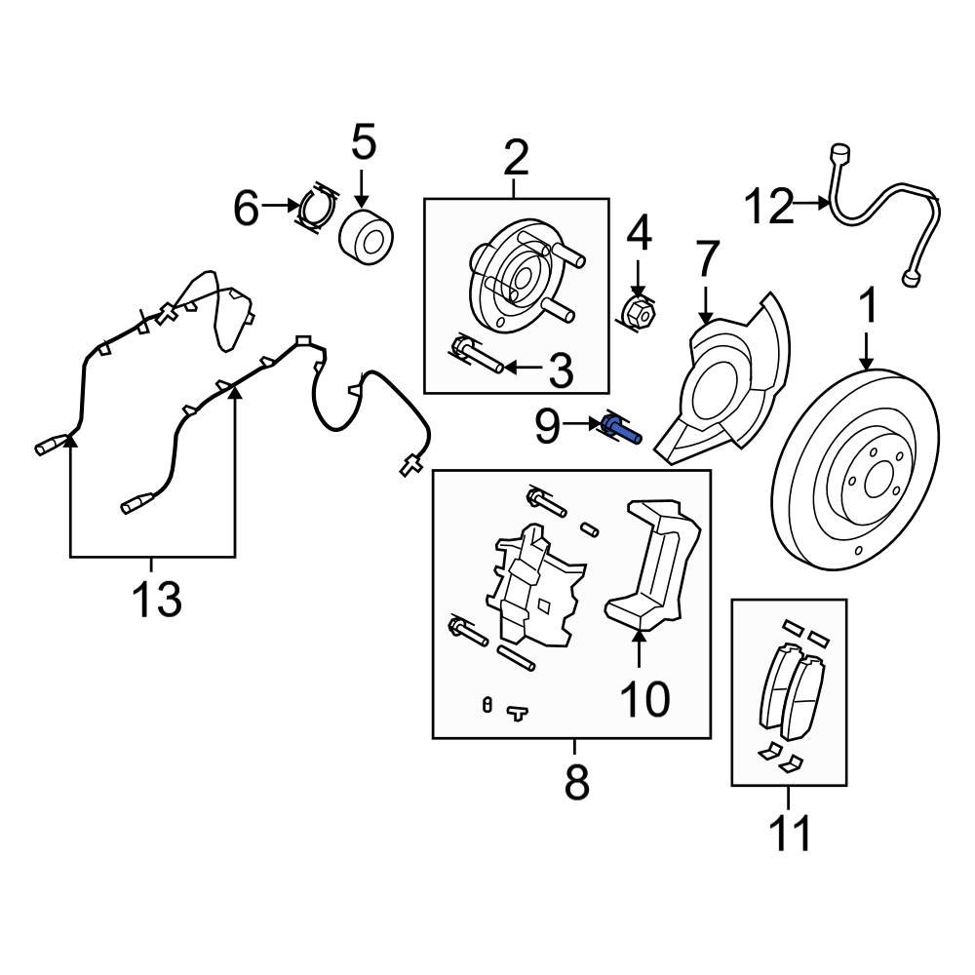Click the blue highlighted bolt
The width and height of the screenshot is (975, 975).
621,428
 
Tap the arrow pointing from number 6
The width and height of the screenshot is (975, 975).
282,206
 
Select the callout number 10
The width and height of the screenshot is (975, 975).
644,698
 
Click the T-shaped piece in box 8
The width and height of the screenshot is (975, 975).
517,713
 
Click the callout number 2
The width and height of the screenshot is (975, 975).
516,156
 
